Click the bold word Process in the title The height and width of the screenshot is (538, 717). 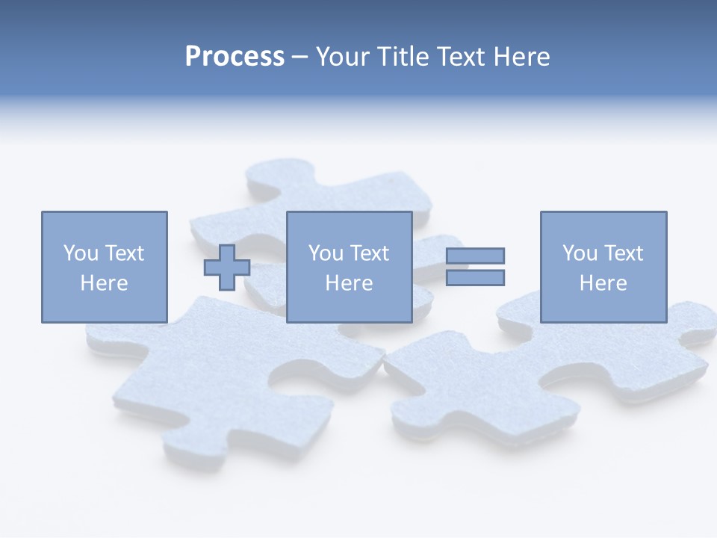[235, 57]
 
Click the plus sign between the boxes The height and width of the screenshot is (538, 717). [227, 268]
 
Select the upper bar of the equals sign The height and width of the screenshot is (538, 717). [475, 256]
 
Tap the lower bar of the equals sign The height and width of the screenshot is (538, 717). [475, 277]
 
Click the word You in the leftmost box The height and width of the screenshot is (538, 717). [81, 253]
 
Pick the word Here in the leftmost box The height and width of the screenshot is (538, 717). [104, 283]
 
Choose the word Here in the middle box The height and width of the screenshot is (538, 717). [349, 283]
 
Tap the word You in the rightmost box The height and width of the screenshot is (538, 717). [580, 253]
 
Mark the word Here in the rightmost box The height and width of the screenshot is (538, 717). [603, 283]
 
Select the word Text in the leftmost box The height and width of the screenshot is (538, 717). [125, 253]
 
